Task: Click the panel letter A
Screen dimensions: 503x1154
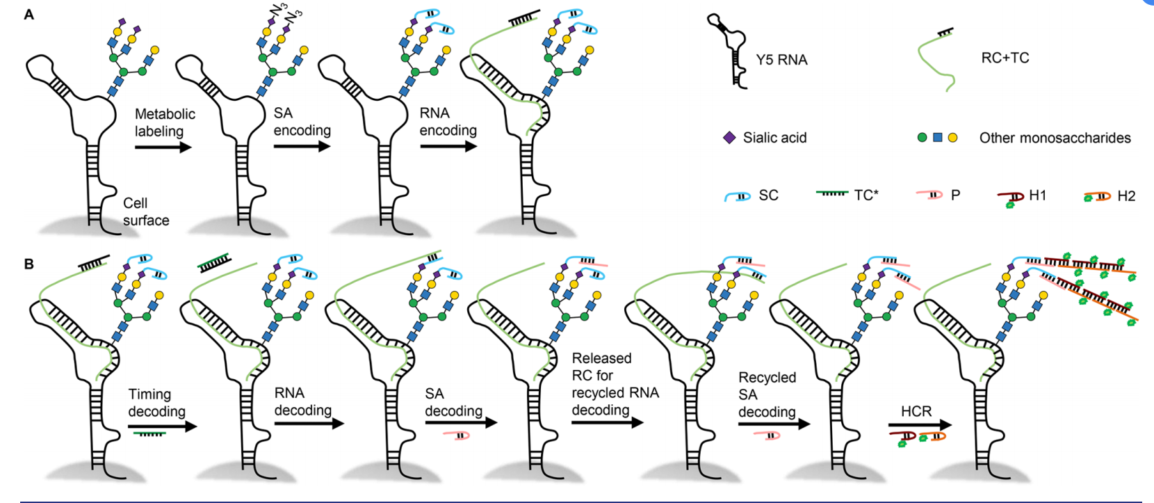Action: pyautogui.click(x=29, y=14)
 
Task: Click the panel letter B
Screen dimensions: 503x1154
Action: pyautogui.click(x=29, y=264)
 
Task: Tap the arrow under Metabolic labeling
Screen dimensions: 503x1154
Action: pyautogui.click(x=163, y=147)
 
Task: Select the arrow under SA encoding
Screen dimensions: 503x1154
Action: pyautogui.click(x=302, y=146)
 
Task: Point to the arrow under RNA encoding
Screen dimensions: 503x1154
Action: pyautogui.click(x=448, y=146)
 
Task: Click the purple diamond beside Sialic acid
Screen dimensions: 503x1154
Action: pyautogui.click(x=729, y=138)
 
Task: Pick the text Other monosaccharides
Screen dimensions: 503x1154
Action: pyautogui.click(x=1055, y=138)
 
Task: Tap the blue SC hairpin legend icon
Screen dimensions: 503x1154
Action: pyautogui.click(x=738, y=196)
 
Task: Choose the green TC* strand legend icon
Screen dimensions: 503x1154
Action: pyautogui.click(x=832, y=194)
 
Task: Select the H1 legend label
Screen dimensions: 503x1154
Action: pyautogui.click(x=1037, y=195)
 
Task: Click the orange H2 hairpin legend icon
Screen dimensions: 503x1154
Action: pyautogui.click(x=1098, y=197)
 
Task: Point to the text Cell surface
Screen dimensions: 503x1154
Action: pyautogui.click(x=145, y=211)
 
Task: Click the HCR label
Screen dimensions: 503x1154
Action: pyautogui.click(x=916, y=411)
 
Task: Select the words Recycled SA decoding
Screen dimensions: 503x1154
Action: pyautogui.click(x=767, y=394)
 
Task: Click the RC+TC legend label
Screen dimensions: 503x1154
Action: pyautogui.click(x=1005, y=58)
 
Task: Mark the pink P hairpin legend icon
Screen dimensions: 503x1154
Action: pyautogui.click(x=929, y=195)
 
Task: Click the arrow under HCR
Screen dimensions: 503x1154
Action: pyautogui.click(x=920, y=424)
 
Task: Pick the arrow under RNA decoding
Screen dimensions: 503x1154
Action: pyautogui.click(x=309, y=423)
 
